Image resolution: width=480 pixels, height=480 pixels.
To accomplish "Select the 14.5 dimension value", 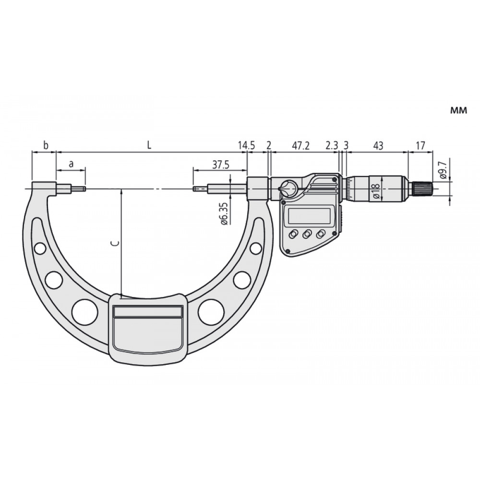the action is point(246,145).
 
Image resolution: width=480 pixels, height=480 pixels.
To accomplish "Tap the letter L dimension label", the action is point(149,145).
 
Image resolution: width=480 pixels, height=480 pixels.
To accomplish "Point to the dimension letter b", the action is point(46,145).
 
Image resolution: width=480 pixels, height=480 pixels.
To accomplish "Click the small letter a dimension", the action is point(71,164).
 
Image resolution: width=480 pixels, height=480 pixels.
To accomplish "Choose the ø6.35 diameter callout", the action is point(224,214).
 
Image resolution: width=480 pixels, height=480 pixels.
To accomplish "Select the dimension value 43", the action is point(378,145).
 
